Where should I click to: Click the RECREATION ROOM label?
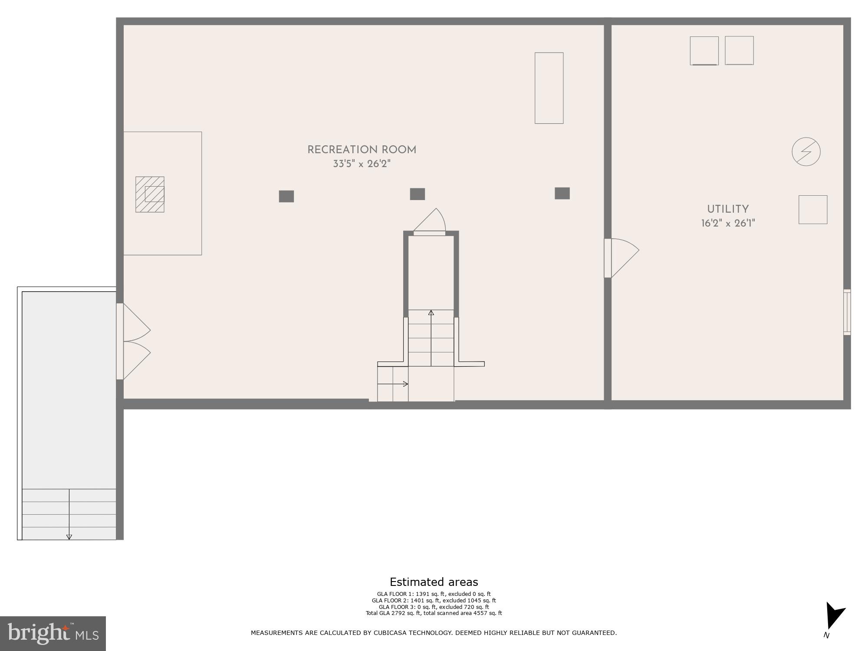pos(362,150)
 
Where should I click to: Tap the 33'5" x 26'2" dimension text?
pos(362,164)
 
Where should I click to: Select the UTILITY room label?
pos(728,209)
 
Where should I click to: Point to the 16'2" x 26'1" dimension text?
pos(728,224)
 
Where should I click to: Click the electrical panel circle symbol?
pos(806,152)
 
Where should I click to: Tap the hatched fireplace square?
pos(150,194)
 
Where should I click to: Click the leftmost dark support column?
pos(286,196)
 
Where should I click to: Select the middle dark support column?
pos(418,194)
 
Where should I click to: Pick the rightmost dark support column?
pos(562,193)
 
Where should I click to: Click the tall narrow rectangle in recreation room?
pos(549,88)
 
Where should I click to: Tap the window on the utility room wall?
pos(847,312)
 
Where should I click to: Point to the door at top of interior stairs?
pos(430,226)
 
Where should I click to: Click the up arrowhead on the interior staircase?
pos(431,312)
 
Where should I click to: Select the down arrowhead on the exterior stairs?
pos(69,537)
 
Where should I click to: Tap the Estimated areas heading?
pos(434,582)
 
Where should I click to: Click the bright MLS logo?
pos(53,633)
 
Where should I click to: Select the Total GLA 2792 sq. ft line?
pos(434,613)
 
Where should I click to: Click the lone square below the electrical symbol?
pos(813,210)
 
